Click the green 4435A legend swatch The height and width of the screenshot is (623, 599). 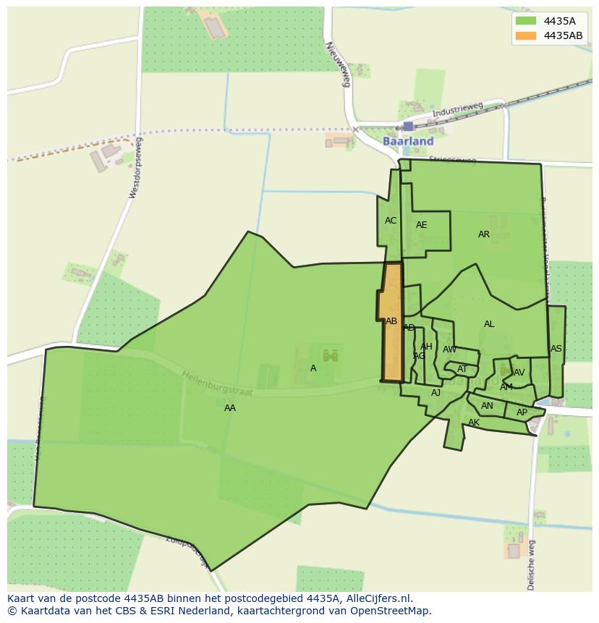pyautogui.click(x=525, y=20)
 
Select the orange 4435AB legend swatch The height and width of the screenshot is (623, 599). pyautogui.click(x=525, y=35)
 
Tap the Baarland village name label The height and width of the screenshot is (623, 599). pyautogui.click(x=408, y=141)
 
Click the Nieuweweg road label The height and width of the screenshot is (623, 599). pyautogui.click(x=338, y=64)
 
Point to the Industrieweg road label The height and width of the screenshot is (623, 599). pyautogui.click(x=457, y=111)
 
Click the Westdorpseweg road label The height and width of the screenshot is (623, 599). pyautogui.click(x=135, y=168)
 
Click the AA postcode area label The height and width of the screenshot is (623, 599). pyautogui.click(x=230, y=408)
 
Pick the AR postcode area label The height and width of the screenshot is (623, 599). pyautogui.click(x=484, y=234)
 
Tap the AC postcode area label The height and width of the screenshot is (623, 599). pyautogui.click(x=391, y=221)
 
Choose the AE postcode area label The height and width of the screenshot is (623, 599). pyautogui.click(x=422, y=225)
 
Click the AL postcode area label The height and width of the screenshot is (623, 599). pyautogui.click(x=489, y=324)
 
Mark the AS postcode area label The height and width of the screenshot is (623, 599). pyautogui.click(x=556, y=349)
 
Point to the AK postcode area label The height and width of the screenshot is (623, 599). pyautogui.click(x=474, y=423)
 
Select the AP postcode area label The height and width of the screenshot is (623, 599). pyautogui.click(x=522, y=412)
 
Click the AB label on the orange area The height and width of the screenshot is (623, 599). pyautogui.click(x=391, y=321)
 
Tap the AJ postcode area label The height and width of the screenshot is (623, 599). pyautogui.click(x=436, y=393)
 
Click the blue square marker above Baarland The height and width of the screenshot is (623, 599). pyautogui.click(x=408, y=126)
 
